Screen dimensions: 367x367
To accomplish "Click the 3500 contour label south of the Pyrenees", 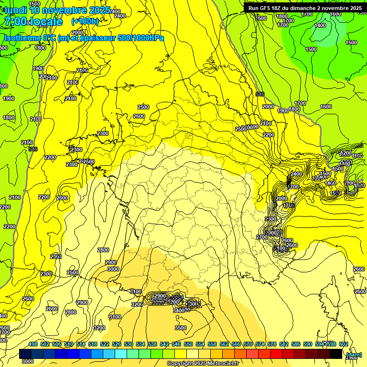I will click(181, 328).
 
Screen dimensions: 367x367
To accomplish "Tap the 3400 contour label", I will click(179, 311).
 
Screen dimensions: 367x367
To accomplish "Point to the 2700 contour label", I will click(261, 237).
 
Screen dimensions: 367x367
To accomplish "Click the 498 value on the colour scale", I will click(33, 344).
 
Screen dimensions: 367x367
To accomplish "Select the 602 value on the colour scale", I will click(343, 344).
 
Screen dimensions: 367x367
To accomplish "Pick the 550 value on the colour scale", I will click(188, 344).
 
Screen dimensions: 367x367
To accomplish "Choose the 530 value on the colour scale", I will click(129, 344).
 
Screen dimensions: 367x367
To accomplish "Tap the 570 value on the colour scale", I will click(248, 344).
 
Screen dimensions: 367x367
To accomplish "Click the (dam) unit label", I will click(354, 355).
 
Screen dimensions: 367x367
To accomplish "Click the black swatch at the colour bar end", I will click(336, 354).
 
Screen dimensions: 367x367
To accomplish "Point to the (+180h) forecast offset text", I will click(85, 22).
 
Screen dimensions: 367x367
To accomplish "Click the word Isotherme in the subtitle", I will click(22, 38).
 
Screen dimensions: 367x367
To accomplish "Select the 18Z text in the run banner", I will click(281, 8).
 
